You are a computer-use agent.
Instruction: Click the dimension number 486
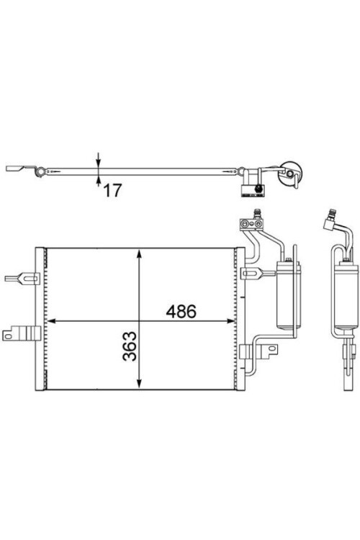(x=181, y=311)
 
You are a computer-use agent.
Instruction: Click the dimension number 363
(x=130, y=346)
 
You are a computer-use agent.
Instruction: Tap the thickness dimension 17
(x=112, y=191)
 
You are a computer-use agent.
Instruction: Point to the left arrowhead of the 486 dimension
(x=51, y=321)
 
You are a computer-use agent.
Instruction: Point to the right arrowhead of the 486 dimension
(x=230, y=321)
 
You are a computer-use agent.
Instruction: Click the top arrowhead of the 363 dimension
(x=139, y=254)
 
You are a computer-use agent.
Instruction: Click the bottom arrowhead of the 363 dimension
(x=139, y=384)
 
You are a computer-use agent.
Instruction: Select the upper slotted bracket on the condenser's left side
(x=22, y=278)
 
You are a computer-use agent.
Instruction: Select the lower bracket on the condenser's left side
(x=22, y=334)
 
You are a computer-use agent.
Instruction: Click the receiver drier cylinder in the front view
(x=289, y=295)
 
